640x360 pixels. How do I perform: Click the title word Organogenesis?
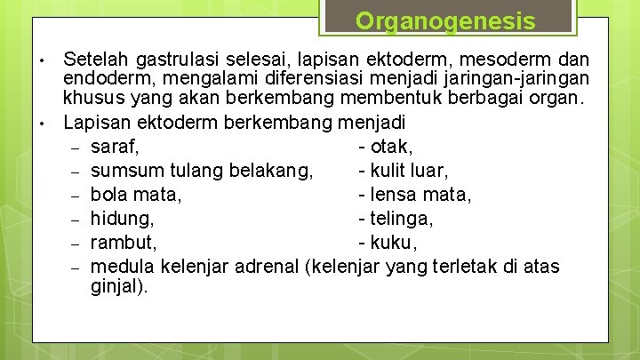pyautogui.click(x=446, y=20)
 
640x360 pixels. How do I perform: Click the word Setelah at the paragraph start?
pyautogui.click(x=93, y=60)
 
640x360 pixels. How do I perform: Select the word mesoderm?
pyautogui.click(x=503, y=60)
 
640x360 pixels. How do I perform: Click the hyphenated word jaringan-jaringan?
pyautogui.click(x=509, y=79)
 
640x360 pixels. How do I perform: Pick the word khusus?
pyautogui.click(x=92, y=99)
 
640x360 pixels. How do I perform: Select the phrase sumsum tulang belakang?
pyautogui.click(x=202, y=171)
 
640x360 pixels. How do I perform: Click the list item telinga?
pyautogui.click(x=400, y=219)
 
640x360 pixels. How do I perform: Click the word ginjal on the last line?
pyautogui.click(x=119, y=287)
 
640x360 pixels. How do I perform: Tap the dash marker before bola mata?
pyautogui.click(x=76, y=196)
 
